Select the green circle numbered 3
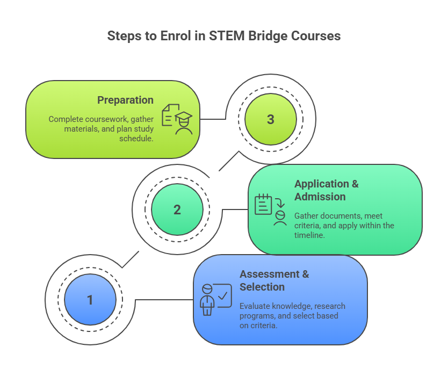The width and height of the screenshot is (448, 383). [x=270, y=119]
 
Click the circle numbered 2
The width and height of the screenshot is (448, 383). [x=177, y=209]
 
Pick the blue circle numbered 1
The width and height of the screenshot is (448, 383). [x=90, y=300]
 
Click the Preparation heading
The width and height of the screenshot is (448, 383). [x=125, y=100]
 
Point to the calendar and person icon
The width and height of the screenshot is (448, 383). [x=271, y=209]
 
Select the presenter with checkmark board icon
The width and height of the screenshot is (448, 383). [x=215, y=299]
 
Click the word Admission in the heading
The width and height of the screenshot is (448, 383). [x=320, y=197]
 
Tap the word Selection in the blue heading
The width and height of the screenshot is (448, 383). [x=262, y=287]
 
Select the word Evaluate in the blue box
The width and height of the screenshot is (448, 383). [x=256, y=306]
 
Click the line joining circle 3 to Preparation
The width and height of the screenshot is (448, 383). [x=213, y=119]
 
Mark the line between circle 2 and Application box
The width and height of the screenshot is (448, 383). [x=235, y=209]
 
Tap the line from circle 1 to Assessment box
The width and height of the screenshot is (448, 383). [x=164, y=299]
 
